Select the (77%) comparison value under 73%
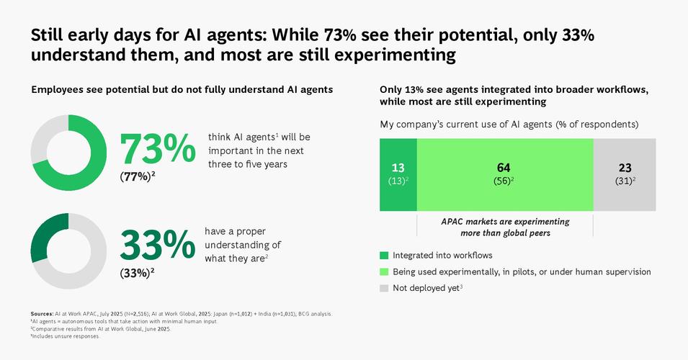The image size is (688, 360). [137, 174]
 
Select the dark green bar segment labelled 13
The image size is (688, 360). [398, 174]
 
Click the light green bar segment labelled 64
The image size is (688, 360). [504, 174]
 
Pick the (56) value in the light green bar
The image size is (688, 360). [504, 181]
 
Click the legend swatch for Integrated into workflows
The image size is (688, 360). [384, 255]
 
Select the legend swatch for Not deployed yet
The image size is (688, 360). [384, 288]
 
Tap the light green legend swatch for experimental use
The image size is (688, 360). [384, 271]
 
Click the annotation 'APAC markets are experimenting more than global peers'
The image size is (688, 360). [504, 227]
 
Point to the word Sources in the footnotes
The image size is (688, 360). [42, 314]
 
